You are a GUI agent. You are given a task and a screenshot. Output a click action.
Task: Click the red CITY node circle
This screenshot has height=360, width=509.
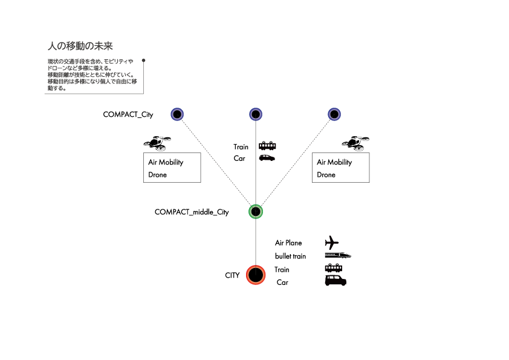256,275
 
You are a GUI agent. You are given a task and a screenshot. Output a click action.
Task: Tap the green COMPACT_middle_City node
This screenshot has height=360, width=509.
256,212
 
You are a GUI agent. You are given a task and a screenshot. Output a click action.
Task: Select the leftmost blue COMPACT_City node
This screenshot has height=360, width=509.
177,114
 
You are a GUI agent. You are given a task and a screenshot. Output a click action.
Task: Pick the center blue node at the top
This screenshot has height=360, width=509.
256,114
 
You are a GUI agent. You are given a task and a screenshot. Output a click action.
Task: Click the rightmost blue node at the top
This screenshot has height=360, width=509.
334,114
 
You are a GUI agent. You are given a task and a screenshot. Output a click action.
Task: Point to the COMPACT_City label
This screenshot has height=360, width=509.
128,114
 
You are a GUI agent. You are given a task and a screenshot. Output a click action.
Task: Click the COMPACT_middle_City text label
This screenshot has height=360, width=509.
192,212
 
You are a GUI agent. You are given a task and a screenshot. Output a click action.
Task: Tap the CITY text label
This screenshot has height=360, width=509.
232,275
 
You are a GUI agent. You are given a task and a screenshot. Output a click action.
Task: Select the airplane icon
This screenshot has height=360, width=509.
332,243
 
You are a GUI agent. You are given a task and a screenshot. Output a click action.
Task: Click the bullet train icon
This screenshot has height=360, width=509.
338,255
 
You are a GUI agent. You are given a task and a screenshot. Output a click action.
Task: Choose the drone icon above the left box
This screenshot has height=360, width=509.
157,143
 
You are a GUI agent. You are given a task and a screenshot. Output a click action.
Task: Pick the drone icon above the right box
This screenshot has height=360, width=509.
355,143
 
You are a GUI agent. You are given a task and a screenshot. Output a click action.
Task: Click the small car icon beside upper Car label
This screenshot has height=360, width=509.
267,158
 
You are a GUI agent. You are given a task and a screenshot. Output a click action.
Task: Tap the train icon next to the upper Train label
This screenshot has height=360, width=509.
267,146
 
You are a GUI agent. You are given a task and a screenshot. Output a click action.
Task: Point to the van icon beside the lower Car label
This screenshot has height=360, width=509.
336,280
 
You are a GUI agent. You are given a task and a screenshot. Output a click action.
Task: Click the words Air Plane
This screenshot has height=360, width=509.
288,243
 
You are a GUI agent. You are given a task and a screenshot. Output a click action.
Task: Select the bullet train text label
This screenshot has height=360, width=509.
290,256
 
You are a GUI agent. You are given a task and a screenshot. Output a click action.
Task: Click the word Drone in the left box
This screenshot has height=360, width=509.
157,175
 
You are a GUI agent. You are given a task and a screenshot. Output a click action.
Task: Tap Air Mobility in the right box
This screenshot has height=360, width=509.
334,162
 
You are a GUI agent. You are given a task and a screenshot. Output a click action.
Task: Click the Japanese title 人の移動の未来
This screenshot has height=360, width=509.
80,46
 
